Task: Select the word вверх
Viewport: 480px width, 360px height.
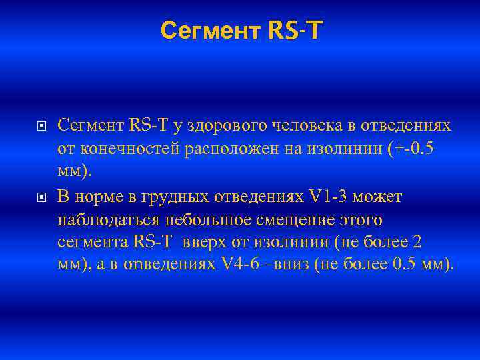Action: tap(210, 241)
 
